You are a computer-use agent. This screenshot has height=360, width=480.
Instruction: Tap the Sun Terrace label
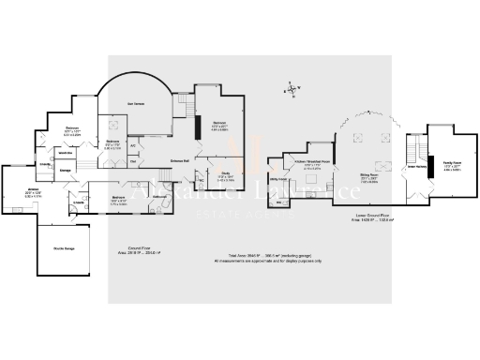[x=135, y=104]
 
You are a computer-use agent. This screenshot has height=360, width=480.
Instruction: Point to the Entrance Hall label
[x=180, y=160]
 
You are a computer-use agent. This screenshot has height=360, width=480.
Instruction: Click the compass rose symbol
[x=292, y=91]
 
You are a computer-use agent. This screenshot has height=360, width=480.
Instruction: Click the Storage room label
[x=67, y=171]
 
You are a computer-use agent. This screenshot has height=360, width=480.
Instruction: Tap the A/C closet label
[x=133, y=145]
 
